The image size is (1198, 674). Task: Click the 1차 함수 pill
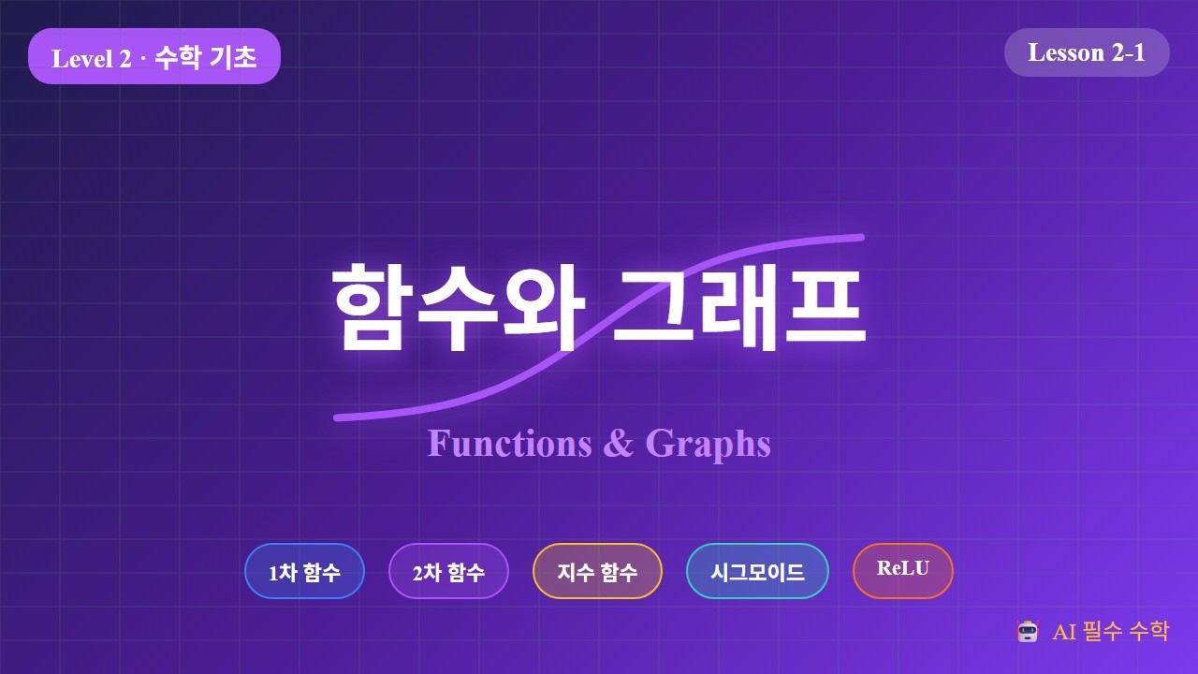point(304,571)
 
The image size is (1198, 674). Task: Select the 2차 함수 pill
point(448,571)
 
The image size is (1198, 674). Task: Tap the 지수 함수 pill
point(597,571)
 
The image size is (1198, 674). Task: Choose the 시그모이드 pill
point(757,571)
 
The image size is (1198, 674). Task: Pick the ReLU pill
point(903,569)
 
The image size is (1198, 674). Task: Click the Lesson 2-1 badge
point(1087,52)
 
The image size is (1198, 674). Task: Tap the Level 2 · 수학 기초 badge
point(154,57)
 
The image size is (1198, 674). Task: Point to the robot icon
point(1028,631)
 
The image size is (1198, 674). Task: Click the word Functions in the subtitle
point(510,443)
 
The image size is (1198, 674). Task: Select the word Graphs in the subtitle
point(709,443)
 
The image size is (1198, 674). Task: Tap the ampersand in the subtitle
point(619,443)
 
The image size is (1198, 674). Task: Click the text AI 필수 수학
point(1110,631)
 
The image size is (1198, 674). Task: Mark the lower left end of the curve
point(338,418)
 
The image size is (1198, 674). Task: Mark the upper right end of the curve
point(860,237)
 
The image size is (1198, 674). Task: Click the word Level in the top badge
point(81,58)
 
